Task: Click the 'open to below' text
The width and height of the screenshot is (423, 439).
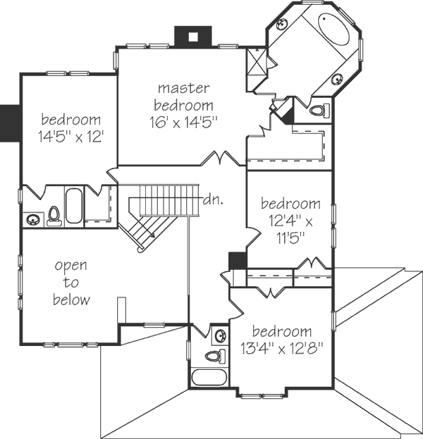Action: [71, 283]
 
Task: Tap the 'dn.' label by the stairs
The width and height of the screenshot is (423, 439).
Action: [213, 199]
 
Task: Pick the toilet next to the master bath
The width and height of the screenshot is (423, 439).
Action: [319, 111]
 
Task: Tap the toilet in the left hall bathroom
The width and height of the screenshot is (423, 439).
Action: [53, 216]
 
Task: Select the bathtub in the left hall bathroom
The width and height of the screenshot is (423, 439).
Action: [73, 206]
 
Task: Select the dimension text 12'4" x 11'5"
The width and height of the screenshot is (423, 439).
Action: [290, 220]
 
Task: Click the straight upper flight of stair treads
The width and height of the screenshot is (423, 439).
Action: [166, 200]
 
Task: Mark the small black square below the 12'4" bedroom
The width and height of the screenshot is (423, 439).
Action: [237, 260]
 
